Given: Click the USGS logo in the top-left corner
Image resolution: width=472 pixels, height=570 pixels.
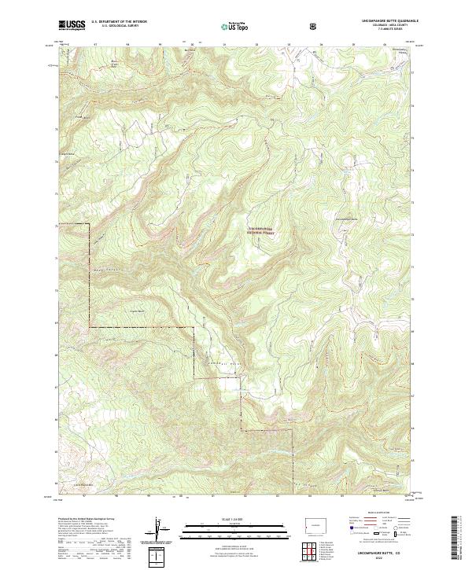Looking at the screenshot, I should point(72,25).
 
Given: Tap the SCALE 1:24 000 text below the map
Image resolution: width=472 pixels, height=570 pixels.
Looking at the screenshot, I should point(236,516).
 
